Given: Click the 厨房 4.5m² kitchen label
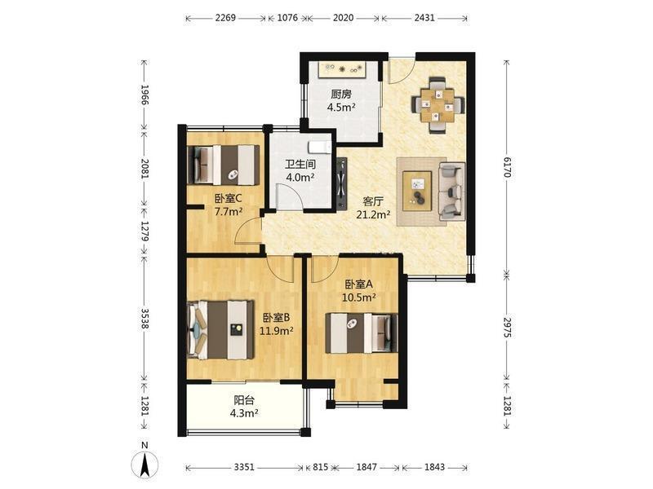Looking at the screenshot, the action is click(341, 101).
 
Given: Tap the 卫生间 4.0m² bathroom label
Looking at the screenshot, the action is click(300, 171).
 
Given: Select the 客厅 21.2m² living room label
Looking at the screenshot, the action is click(373, 208).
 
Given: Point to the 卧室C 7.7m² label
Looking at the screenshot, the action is click(229, 205).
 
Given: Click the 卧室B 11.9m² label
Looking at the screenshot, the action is click(277, 324).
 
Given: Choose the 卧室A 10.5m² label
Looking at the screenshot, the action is click(359, 291).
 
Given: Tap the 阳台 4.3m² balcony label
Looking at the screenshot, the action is click(244, 407).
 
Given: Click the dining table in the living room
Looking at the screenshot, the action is click(438, 105).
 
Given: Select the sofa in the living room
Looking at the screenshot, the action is click(452, 192).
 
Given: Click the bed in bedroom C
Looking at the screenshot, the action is click(224, 165).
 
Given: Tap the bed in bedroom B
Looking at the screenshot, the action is click(221, 330).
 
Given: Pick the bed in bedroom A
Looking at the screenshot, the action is click(362, 333).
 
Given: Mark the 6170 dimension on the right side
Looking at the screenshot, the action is click(506, 167).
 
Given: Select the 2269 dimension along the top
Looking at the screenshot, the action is click(225, 18).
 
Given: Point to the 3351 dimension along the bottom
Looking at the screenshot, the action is click(244, 467).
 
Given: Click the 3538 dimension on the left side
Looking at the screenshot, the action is click(144, 318).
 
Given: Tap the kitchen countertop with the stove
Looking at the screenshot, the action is click(342, 69).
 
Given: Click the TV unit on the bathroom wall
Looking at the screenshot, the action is click(341, 183).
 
